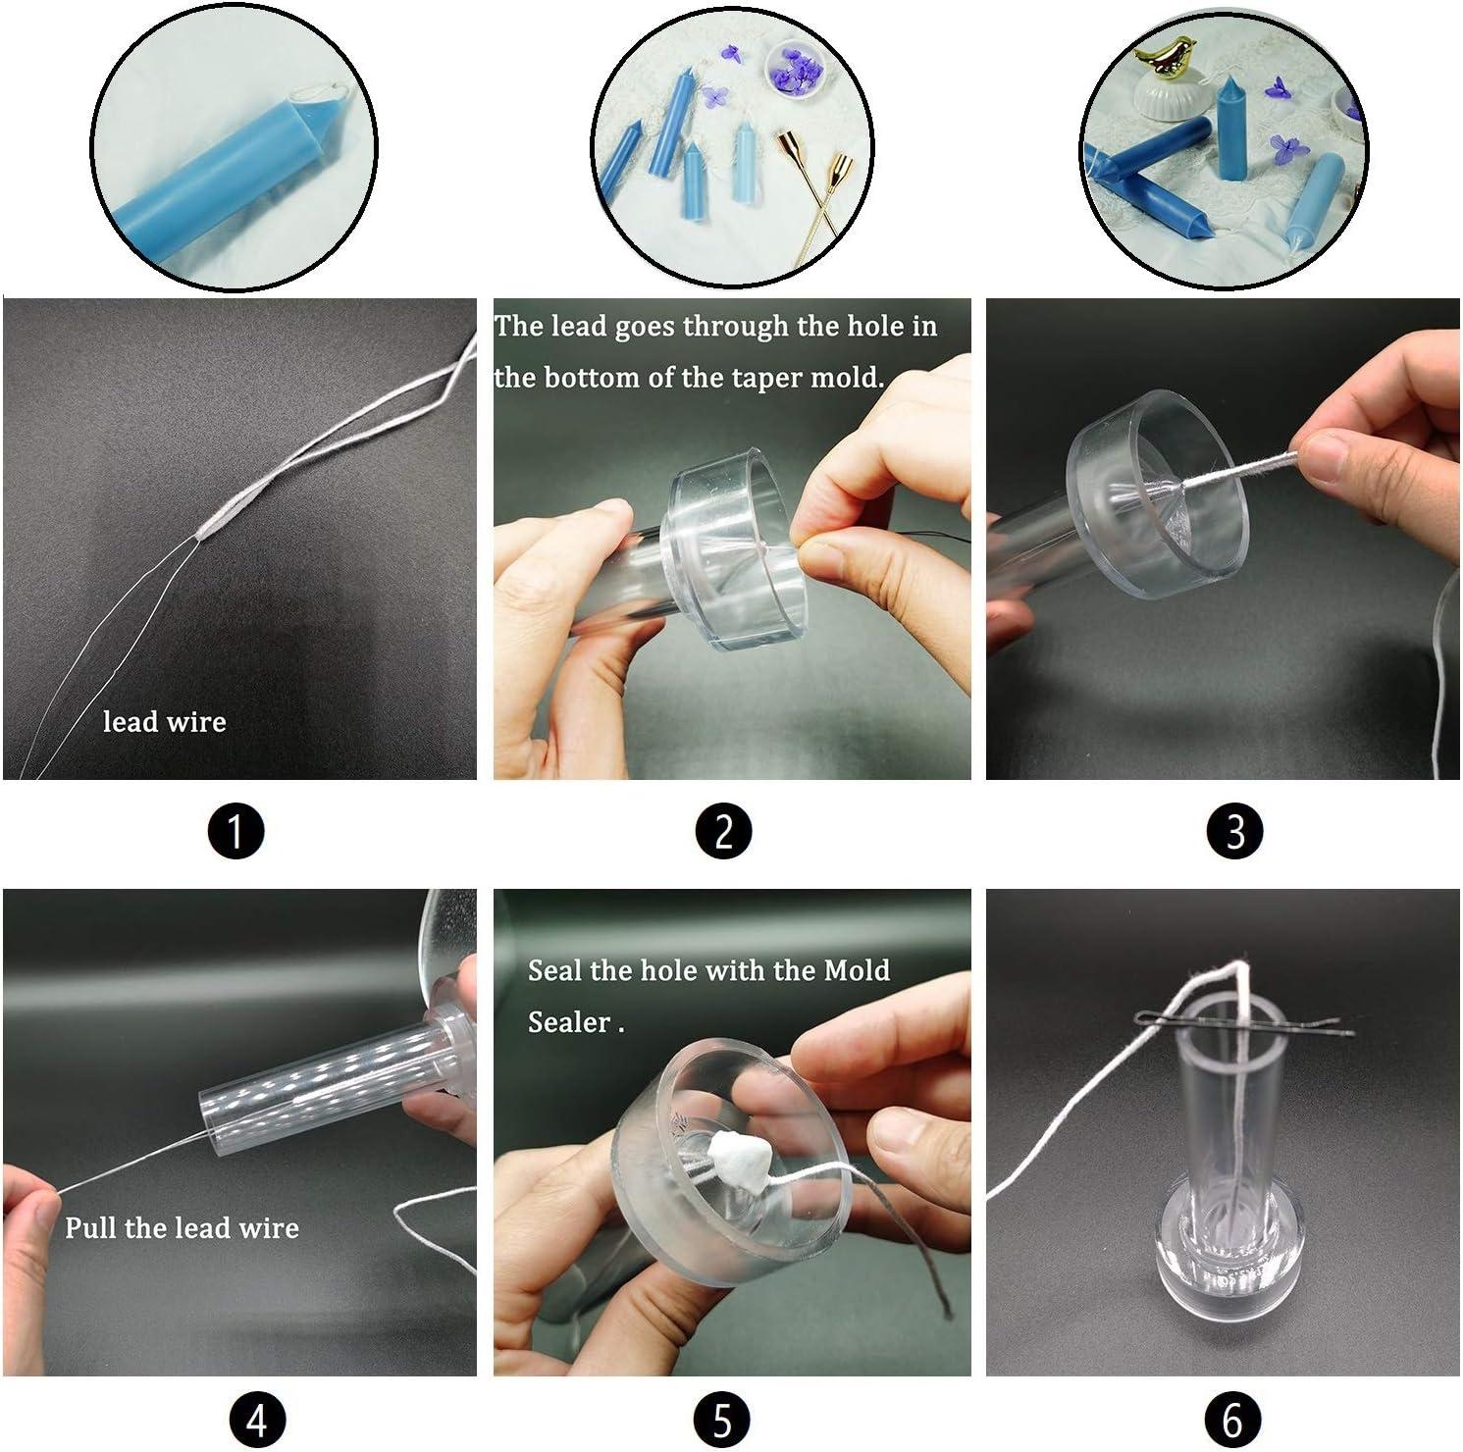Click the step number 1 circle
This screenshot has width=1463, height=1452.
pos(236,831)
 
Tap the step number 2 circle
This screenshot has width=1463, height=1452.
pos(723,831)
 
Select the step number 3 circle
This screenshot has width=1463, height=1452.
pos(1235,831)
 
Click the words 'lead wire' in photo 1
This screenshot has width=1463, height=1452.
pos(165,722)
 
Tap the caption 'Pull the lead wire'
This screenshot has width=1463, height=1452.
pos(182,1227)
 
